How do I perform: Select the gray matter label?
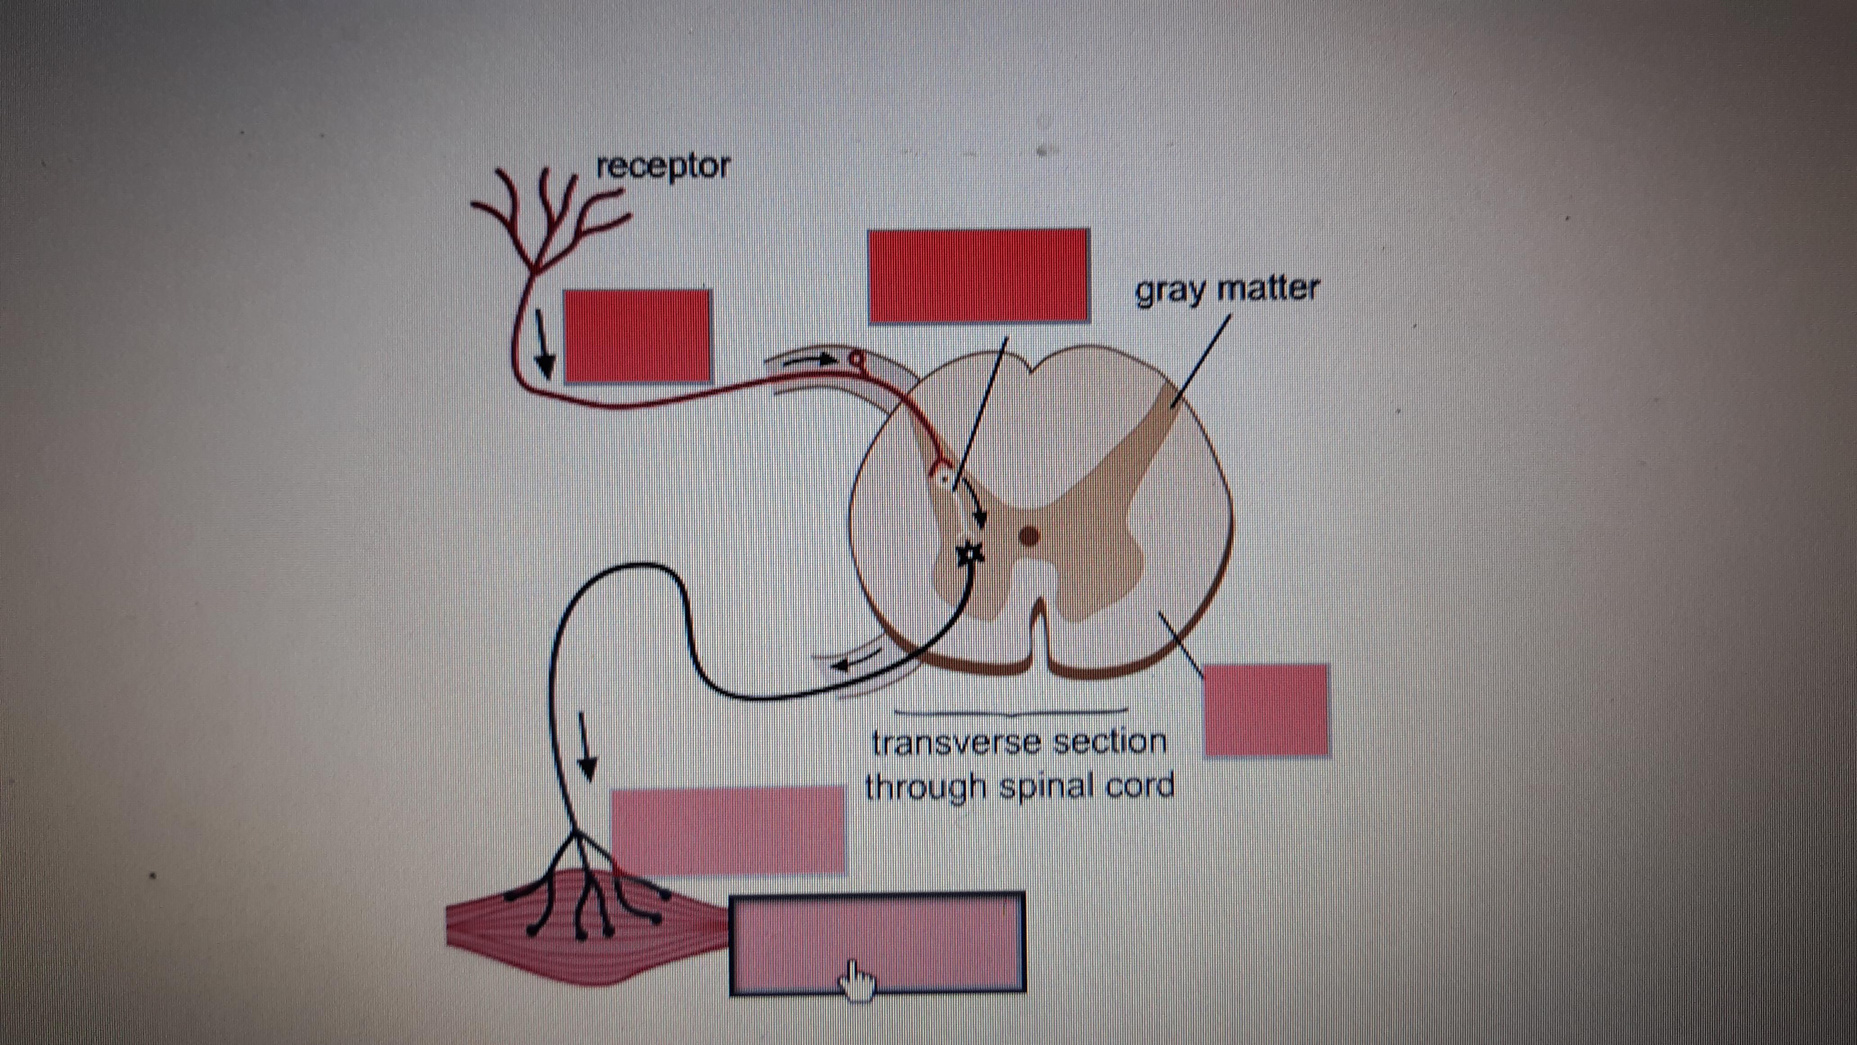1227,290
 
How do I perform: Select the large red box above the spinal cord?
978,275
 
